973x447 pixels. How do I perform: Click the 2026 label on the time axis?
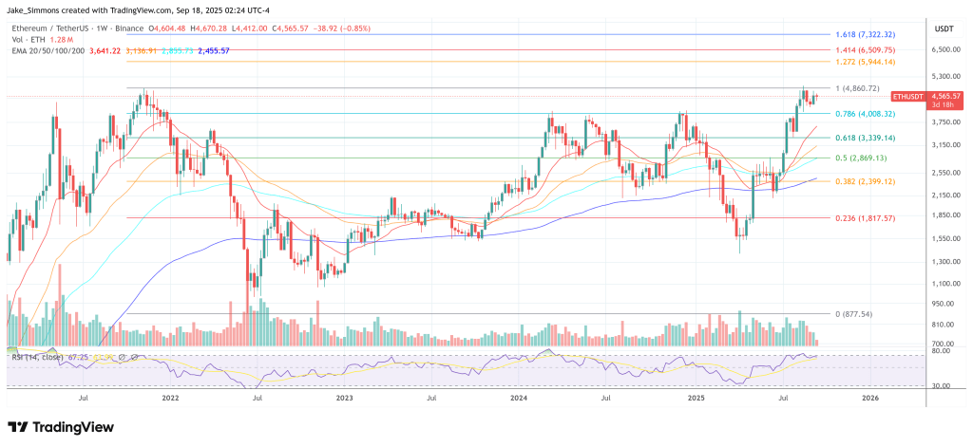(870, 399)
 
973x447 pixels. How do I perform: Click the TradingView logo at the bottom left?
(60, 427)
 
